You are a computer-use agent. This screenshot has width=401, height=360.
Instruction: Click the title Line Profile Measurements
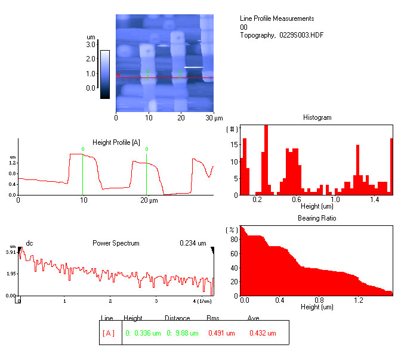276,18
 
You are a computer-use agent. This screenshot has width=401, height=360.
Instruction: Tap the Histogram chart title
317,118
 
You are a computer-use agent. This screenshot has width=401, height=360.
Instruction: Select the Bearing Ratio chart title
317,219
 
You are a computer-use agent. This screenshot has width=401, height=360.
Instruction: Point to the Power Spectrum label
116,243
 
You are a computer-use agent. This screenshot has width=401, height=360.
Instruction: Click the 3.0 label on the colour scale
91,45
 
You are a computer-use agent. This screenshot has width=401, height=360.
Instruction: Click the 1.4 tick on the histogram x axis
375,200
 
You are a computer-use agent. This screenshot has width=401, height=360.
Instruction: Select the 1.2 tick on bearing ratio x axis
357,301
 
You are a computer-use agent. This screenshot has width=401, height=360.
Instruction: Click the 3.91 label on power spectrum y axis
11,253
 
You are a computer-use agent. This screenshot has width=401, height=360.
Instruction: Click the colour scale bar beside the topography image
105,73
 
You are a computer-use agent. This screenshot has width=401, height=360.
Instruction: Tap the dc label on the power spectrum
29,243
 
